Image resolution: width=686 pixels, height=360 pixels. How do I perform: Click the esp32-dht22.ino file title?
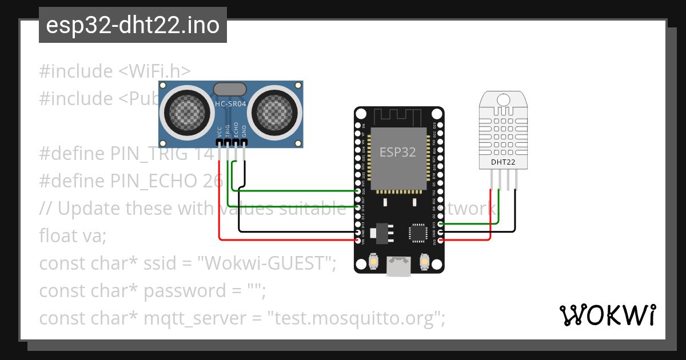click(x=133, y=26)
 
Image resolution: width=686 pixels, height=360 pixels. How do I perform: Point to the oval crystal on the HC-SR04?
click(x=230, y=89)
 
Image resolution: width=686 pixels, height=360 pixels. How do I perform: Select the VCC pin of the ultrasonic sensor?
click(x=219, y=142)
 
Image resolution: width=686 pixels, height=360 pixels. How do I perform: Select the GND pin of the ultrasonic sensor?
click(x=244, y=142)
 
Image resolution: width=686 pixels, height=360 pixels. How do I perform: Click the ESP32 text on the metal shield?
click(x=398, y=152)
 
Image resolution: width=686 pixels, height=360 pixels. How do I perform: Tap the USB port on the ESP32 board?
click(x=398, y=266)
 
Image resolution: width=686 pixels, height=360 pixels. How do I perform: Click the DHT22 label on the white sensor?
click(x=503, y=162)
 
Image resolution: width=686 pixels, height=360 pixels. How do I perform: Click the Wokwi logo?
click(x=607, y=315)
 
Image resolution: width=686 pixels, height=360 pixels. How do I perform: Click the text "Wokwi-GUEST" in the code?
click(x=266, y=263)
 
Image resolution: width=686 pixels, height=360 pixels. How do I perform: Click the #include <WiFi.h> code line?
click(x=114, y=71)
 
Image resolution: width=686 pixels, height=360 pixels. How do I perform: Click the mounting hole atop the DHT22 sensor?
click(x=503, y=99)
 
